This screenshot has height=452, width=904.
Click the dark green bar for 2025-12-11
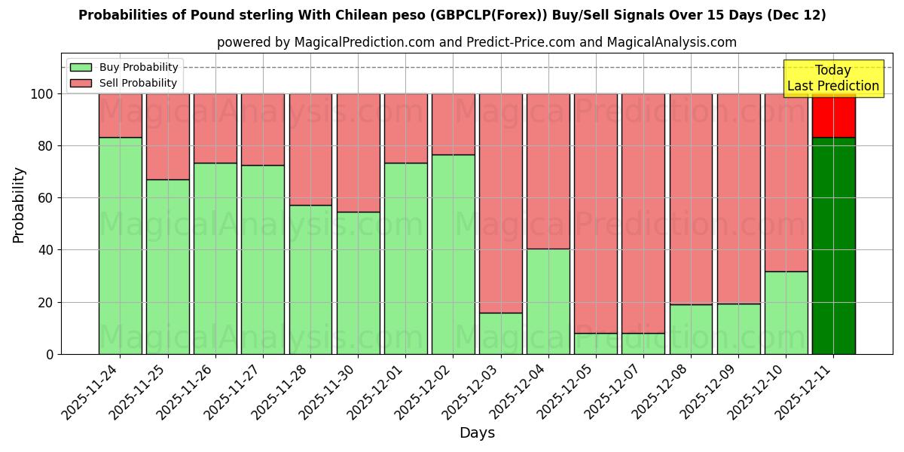coord(833,246)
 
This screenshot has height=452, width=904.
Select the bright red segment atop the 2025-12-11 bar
coord(833,115)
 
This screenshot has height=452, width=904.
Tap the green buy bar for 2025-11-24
coord(120,246)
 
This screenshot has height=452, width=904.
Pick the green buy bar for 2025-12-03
coord(500,333)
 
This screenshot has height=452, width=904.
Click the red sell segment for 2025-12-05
coord(595,213)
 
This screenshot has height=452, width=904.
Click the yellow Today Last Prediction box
coord(832,78)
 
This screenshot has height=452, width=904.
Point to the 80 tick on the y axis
coord(47,146)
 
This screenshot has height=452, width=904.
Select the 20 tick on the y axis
coord(47,302)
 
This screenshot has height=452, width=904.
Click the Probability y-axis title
coord(19,205)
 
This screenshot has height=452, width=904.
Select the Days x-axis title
coord(477,433)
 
